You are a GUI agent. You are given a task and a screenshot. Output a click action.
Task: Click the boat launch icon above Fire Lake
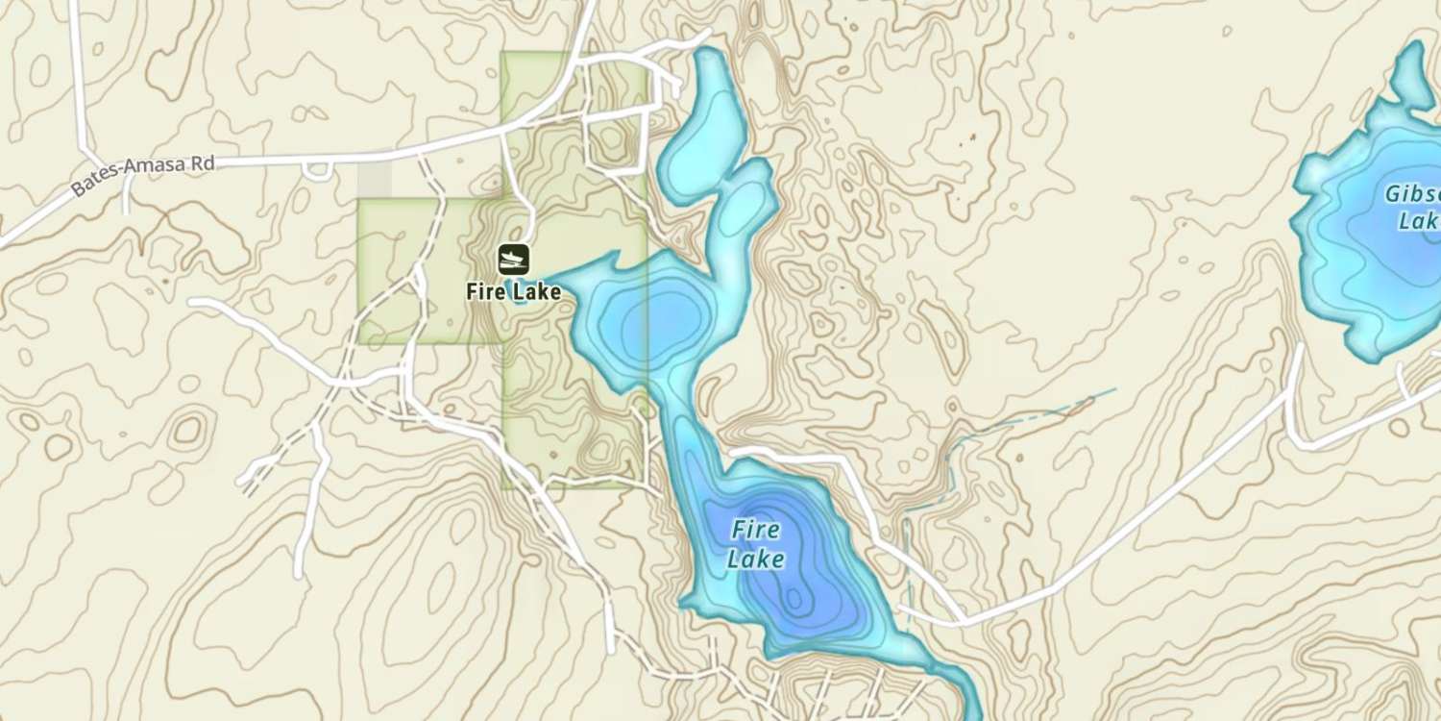tap(513, 259)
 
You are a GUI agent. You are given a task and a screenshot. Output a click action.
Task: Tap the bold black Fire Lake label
tap(513, 291)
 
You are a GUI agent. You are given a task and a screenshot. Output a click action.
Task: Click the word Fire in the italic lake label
tap(755, 530)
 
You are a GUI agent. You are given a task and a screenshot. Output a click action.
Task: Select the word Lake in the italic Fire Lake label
tap(755, 559)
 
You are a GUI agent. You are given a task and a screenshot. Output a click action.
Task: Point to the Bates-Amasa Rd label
tap(143, 176)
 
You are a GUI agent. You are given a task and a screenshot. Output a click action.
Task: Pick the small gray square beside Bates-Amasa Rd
tap(375, 180)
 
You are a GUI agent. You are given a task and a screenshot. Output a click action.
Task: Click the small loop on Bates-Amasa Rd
tap(317, 171)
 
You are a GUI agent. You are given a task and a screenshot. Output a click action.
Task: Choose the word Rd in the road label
tap(202, 164)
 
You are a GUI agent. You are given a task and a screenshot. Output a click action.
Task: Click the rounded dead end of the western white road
tap(195, 303)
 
